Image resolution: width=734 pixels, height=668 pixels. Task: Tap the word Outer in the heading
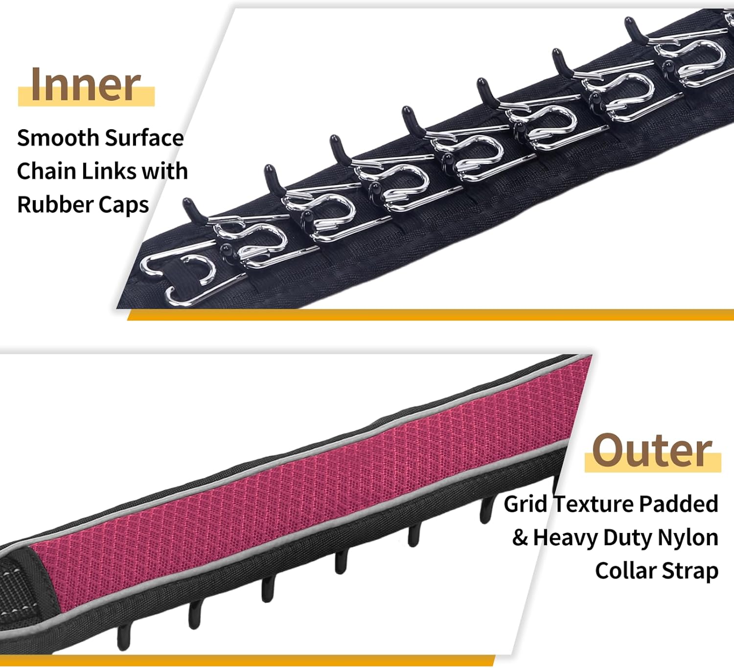(x=652, y=451)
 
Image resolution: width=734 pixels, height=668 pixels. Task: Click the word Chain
(x=46, y=171)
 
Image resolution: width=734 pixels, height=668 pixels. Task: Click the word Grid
(x=525, y=504)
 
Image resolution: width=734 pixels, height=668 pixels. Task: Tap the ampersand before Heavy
(x=520, y=538)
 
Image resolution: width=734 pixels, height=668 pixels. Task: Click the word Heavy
(x=565, y=538)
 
